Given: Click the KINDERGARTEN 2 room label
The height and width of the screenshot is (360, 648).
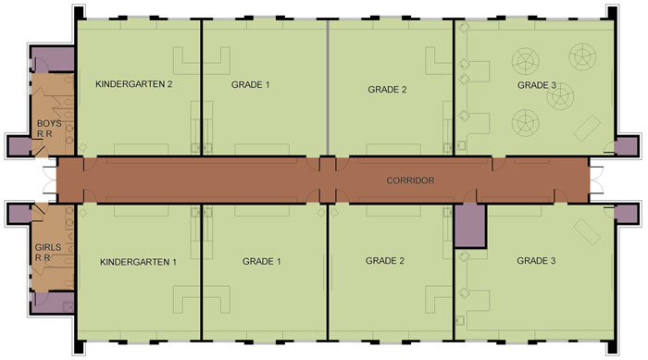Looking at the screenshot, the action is pos(134,84).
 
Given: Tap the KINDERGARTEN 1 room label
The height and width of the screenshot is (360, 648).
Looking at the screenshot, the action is pos(138,262).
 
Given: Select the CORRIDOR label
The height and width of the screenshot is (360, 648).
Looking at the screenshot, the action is pos(410,180).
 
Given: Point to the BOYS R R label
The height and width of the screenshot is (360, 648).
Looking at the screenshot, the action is pos(49,129).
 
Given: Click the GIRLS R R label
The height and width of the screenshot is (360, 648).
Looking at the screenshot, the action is pos(47,253).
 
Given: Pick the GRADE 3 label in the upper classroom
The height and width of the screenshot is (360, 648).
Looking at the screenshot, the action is pos(536,85).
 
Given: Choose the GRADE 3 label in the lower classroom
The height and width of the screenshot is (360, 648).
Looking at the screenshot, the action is pos(536,261).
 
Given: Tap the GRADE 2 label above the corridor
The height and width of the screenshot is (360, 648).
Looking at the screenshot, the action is pos(387,90).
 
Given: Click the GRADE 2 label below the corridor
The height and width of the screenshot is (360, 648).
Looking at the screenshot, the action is pos(385,261).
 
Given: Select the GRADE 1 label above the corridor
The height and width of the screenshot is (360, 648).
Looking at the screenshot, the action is pos(251,85).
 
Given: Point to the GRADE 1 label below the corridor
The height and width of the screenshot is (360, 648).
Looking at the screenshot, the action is pos(262,262).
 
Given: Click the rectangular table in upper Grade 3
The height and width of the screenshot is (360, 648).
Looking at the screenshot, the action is pos(587,129).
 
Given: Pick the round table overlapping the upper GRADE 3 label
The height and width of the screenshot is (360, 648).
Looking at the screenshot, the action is pos(560,96).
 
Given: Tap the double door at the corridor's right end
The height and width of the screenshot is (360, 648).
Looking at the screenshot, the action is pos(596,180).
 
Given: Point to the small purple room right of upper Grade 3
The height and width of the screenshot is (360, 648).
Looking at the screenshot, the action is pos(626,146).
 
